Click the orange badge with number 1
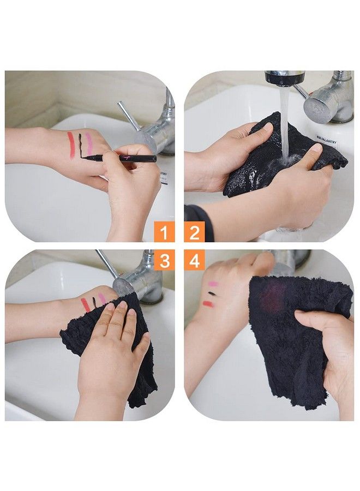pyautogui.click(x=164, y=233)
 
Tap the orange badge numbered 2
pyautogui.click(x=194, y=233)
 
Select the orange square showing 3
pyautogui.click(x=164, y=261)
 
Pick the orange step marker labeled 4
pyautogui.click(x=194, y=261)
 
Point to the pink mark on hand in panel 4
pyautogui.click(x=213, y=284)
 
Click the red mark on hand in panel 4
pyautogui.click(x=208, y=304)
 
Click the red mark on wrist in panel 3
pyautogui.click(x=86, y=304)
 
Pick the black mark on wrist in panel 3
pyautogui.click(x=94, y=301)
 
